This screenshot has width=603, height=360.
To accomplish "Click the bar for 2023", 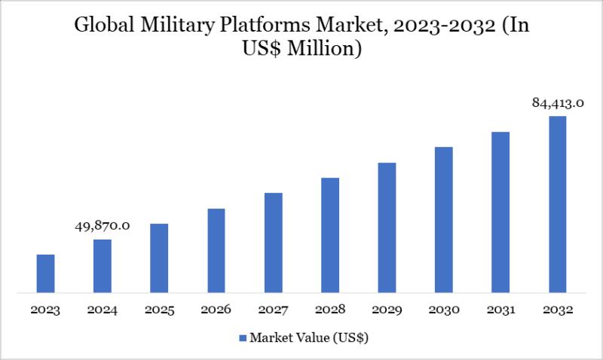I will click(x=46, y=273).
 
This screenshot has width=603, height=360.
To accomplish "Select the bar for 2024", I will click(x=103, y=265).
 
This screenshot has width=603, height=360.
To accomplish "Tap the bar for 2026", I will click(x=216, y=250).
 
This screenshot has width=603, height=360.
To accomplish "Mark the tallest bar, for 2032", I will click(x=557, y=203).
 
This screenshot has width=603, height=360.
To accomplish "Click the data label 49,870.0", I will click(x=103, y=225).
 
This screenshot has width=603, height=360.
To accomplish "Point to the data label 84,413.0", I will click(x=559, y=103).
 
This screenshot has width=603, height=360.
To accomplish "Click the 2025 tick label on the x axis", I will click(x=159, y=310).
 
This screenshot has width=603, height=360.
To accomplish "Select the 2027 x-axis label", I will click(x=273, y=310).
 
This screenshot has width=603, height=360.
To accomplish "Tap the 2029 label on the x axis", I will click(x=387, y=310).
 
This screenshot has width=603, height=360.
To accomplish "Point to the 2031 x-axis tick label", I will click(x=500, y=310).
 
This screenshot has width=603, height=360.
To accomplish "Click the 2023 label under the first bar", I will click(x=46, y=310).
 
